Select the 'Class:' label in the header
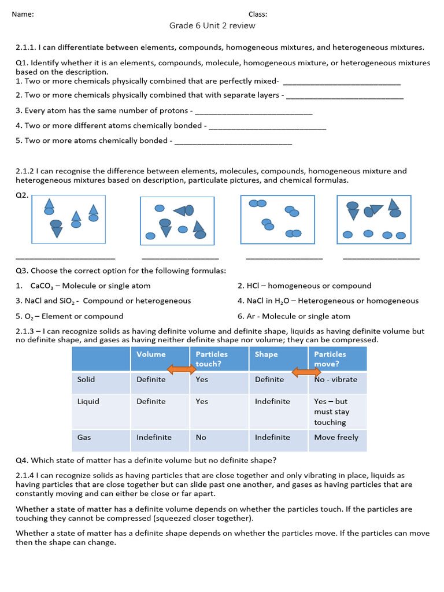258,14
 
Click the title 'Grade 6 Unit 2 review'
212,25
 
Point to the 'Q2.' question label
22,195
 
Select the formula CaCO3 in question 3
43,286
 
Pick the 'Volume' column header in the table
151,354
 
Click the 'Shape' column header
266,354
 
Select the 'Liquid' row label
88,401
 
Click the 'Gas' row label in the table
84,437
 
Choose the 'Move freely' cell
336,437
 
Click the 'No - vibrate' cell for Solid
336,380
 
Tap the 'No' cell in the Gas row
201,437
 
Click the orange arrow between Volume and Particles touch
182,369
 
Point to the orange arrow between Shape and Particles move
306,372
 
